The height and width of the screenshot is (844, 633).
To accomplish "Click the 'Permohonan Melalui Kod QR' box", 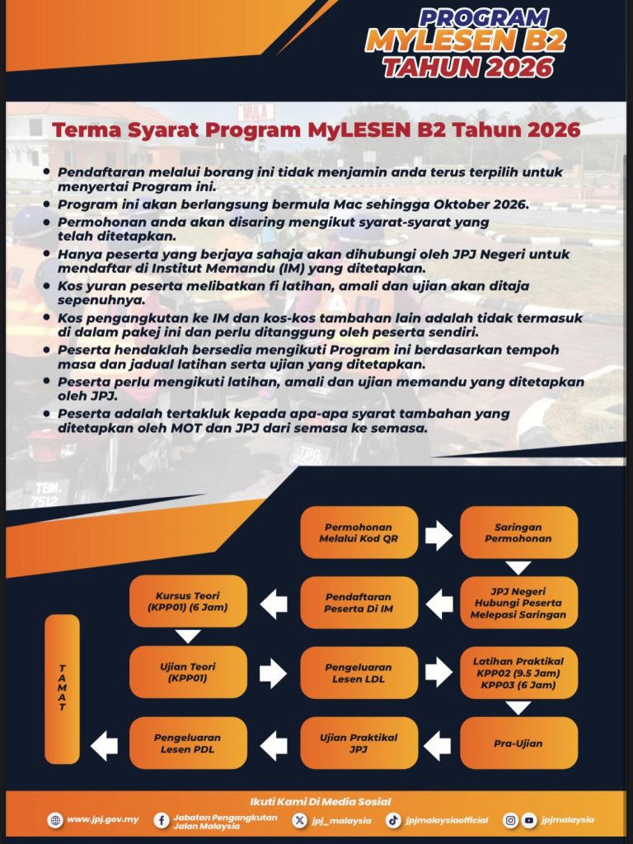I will [x=359, y=533].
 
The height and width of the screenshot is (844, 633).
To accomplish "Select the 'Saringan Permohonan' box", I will [x=518, y=533].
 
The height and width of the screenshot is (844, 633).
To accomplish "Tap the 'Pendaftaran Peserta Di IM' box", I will [x=359, y=603].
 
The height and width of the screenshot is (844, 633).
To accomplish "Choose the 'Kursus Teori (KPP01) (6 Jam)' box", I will [x=188, y=602].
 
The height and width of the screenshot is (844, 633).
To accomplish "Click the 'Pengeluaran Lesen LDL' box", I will [x=359, y=673].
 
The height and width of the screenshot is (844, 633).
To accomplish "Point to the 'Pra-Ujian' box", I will [x=518, y=743].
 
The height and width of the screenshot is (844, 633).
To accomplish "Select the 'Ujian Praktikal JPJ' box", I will [x=359, y=743].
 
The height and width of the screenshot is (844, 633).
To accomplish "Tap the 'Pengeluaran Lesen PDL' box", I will [x=188, y=743].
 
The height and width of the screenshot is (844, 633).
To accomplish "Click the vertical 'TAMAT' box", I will [x=62, y=689].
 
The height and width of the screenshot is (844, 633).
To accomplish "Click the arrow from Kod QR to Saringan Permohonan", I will [x=438, y=536].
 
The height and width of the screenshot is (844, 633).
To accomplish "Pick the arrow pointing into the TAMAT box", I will [x=104, y=746].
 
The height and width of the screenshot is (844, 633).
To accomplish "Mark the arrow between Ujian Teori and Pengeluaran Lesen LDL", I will [x=273, y=673].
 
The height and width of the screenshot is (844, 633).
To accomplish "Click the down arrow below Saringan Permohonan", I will [x=518, y=568].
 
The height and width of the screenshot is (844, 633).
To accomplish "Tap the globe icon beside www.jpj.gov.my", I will [x=55, y=820].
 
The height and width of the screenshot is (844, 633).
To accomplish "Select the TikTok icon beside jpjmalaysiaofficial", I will [x=394, y=820].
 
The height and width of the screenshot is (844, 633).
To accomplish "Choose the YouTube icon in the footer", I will [x=529, y=820].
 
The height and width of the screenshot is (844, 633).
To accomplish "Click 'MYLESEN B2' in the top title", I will [x=466, y=41].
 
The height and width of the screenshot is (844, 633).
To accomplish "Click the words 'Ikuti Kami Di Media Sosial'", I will [x=320, y=801].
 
